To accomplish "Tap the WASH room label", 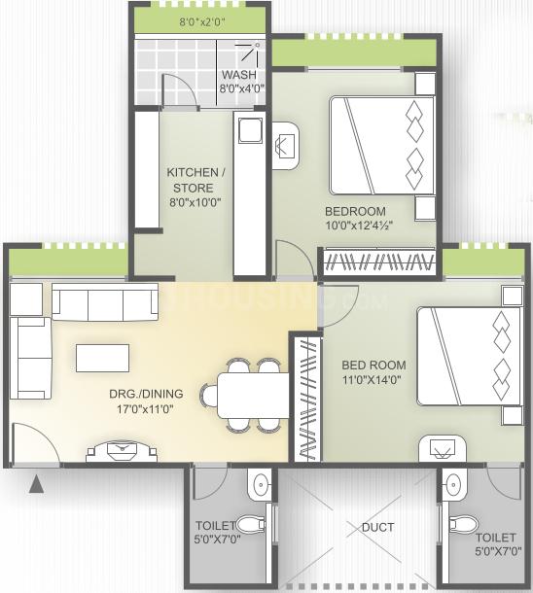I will coord(237,76).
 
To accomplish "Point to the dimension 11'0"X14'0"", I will coord(373,381).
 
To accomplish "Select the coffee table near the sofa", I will coord(103,358).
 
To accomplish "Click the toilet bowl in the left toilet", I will coord(253,525).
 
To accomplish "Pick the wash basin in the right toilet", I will coord(453,483).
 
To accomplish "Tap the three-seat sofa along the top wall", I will coord(105,303).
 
